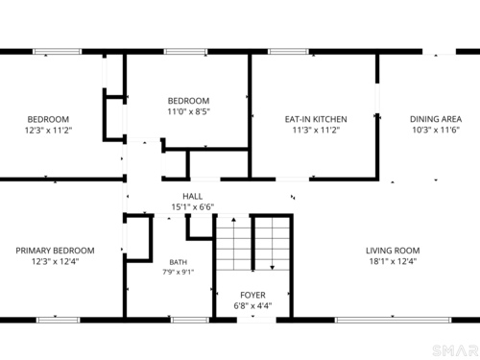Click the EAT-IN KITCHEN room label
tap(316, 119)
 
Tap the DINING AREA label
tap(436, 119)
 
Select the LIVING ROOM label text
tap(393, 251)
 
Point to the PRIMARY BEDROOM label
tap(55, 251)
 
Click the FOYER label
tap(252, 295)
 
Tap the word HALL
tap(192, 196)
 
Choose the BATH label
tap(179, 262)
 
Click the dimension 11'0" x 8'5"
tap(189, 111)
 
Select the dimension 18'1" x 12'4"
tap(393, 261)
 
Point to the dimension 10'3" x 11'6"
tap(436, 130)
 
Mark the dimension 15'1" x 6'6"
tap(193, 207)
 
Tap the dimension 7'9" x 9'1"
tap(179, 273)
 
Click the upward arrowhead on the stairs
tap(233, 220)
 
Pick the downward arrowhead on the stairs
tap(273, 268)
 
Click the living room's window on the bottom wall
tap(394, 320)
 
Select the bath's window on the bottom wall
tap(190, 320)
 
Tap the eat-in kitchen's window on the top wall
tap(288, 52)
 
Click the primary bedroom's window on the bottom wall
tap(58, 320)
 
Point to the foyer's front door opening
tap(256, 320)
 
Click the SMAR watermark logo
tap(456, 350)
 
